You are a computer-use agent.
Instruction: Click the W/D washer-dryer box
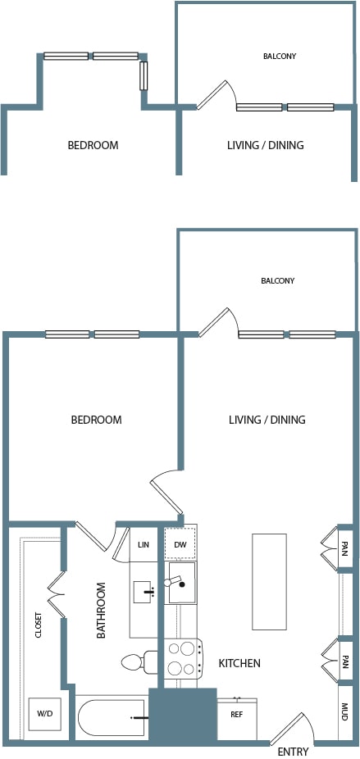tap(44, 714)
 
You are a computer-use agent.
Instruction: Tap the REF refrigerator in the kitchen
tap(237, 718)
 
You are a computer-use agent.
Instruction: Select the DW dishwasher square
tap(180, 544)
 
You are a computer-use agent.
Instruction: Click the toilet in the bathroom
tap(139, 661)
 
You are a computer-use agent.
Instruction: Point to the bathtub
tap(112, 718)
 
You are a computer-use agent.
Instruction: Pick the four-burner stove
tap(183, 659)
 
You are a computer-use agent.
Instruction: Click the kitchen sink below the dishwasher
tap(181, 582)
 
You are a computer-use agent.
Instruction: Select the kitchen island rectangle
tap(269, 582)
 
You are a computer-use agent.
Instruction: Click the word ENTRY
tap(293, 752)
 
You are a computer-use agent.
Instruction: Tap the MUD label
tap(344, 712)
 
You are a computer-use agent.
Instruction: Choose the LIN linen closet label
tap(144, 544)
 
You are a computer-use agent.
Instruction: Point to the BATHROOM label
tap(101, 611)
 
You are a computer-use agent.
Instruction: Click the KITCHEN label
tap(239, 663)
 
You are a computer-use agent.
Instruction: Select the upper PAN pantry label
tap(344, 548)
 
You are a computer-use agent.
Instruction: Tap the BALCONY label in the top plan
tap(280, 57)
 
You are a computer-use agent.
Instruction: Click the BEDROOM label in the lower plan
tap(97, 420)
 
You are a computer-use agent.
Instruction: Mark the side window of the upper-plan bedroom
tap(144, 75)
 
